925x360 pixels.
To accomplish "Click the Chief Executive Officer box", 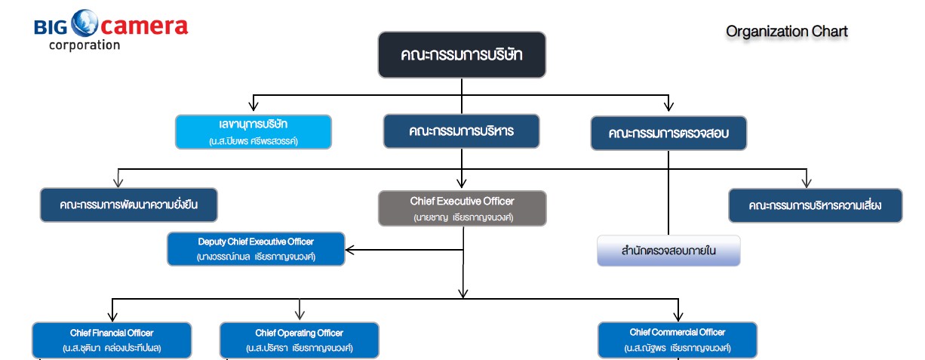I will pos(462,208).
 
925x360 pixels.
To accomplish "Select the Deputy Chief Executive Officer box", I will pos(256,248).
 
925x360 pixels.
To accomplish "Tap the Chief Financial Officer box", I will pos(112,340).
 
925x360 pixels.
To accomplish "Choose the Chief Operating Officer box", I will pos(299,340).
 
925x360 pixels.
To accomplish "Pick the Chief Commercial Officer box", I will pos(677,340).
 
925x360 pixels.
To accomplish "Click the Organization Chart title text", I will pos(787,32).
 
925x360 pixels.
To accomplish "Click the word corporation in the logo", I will pos(84,45).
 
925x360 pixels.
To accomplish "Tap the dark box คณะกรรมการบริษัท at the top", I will pos(462,55).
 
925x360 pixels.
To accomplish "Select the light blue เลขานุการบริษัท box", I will pos(254,131).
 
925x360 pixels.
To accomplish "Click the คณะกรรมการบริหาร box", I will pos(462,131).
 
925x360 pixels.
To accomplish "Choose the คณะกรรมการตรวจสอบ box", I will pos(668,134).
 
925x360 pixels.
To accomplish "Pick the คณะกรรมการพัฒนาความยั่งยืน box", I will pos(128,205).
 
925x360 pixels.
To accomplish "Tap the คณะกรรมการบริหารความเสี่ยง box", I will pos(815,205).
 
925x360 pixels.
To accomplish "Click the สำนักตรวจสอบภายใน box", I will pos(668,251).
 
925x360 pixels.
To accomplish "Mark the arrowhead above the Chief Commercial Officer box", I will pos(678,315).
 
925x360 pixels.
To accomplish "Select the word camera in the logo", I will pos(143,26).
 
